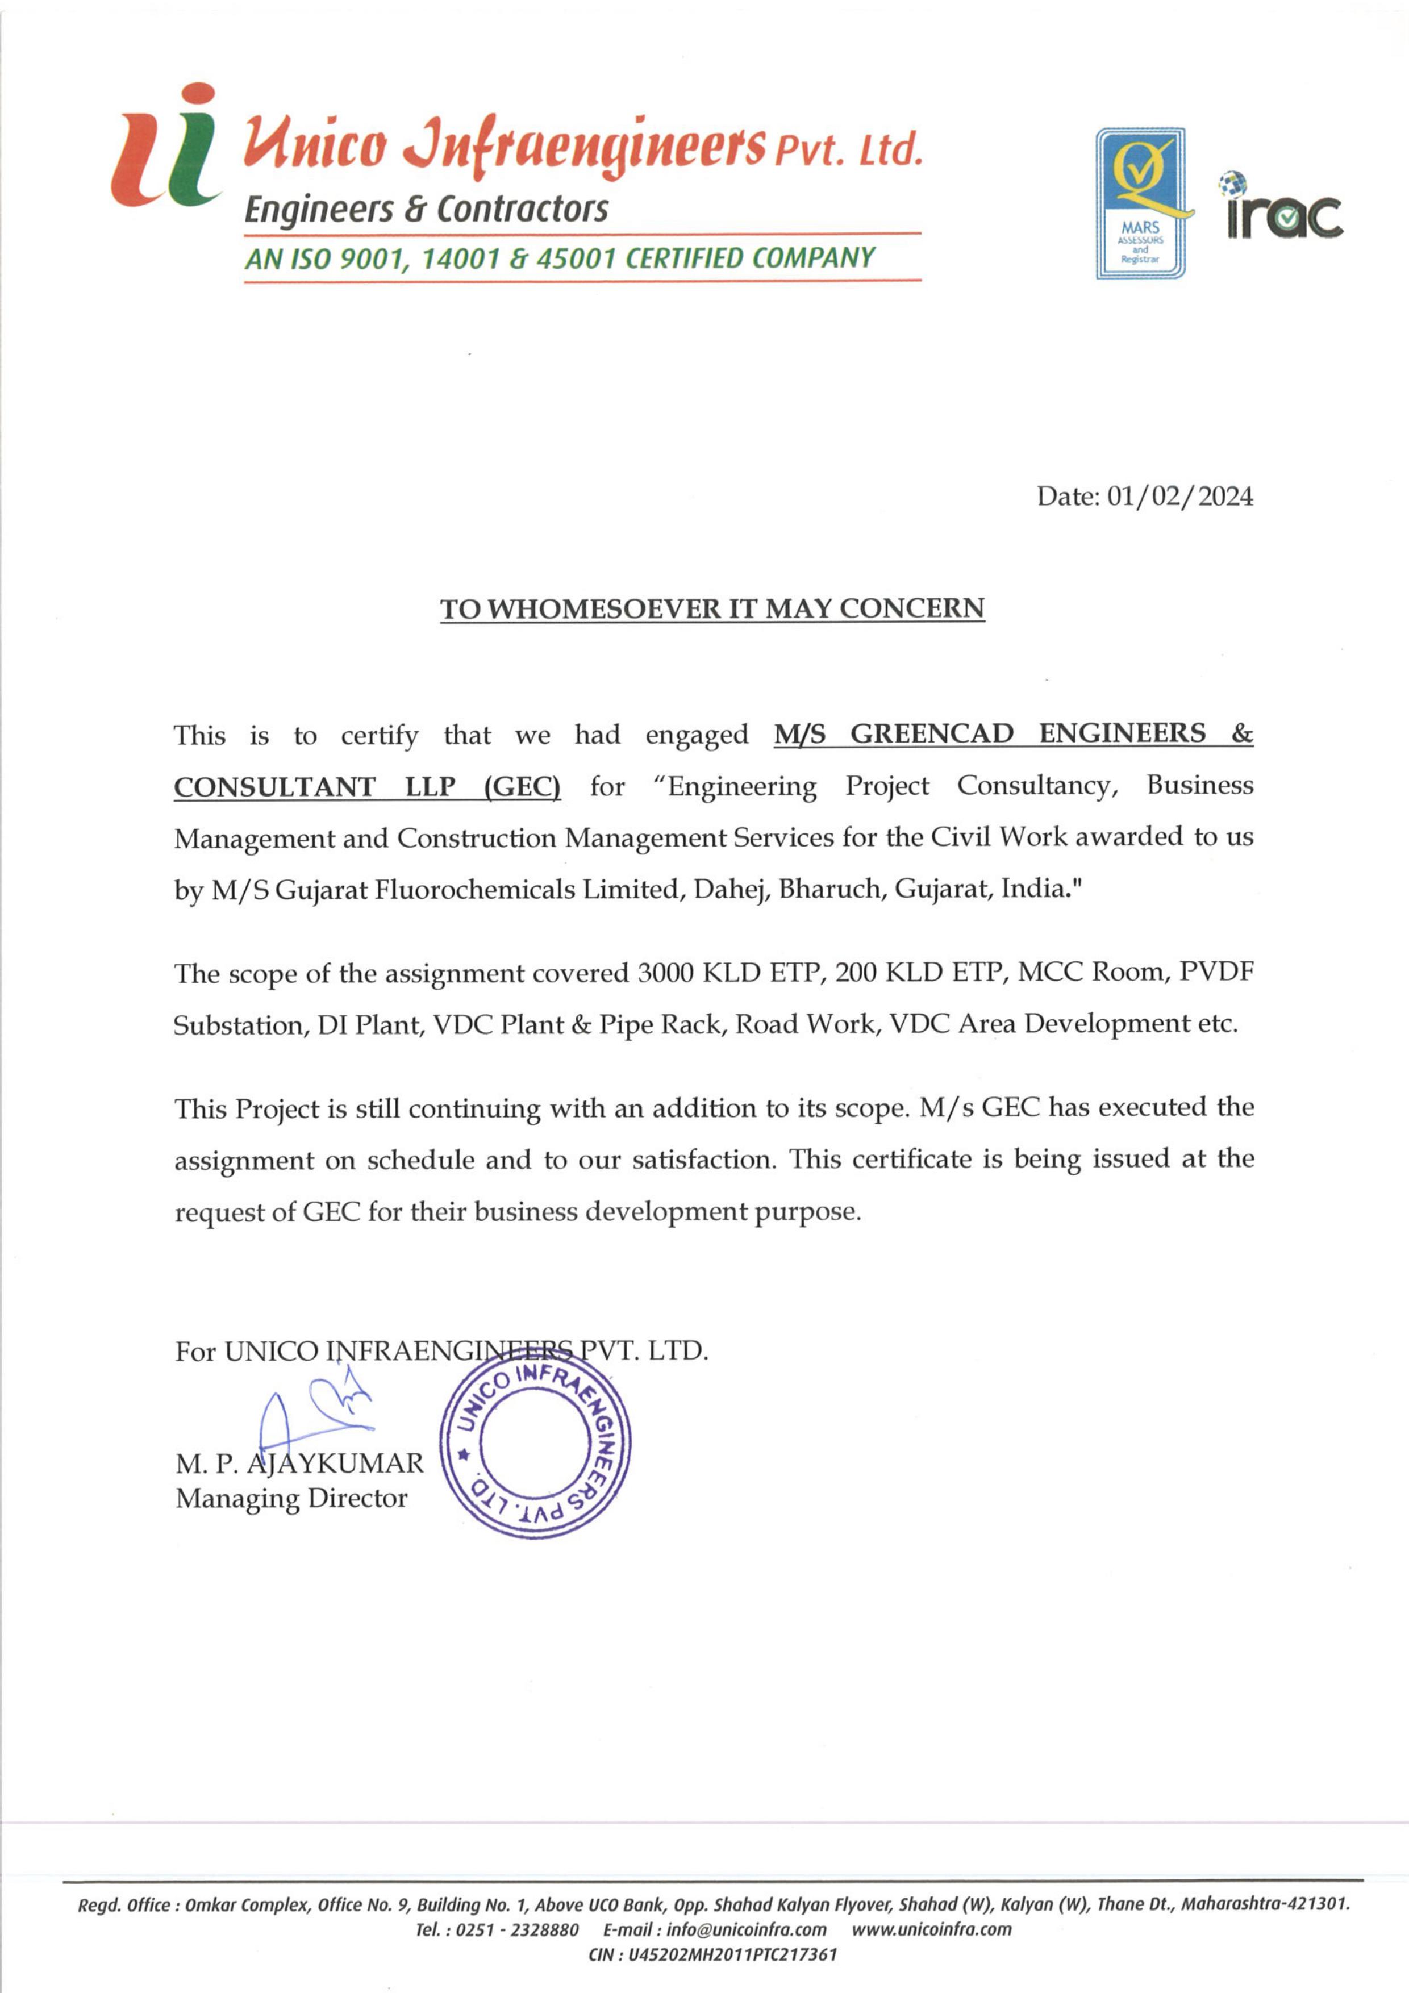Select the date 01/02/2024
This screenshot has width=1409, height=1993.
click(1180, 497)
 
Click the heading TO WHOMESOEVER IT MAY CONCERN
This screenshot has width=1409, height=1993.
click(712, 608)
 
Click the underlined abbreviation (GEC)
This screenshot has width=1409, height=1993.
click(522, 786)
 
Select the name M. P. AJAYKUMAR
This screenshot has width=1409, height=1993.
click(299, 1464)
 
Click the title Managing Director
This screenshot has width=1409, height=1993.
click(291, 1498)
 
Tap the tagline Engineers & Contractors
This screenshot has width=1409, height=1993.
click(426, 209)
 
